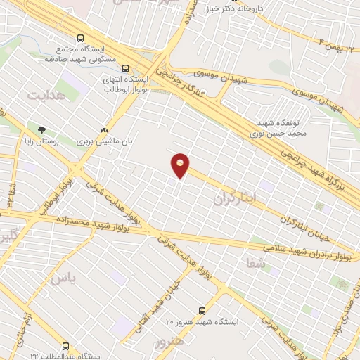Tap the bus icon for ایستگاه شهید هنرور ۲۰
coord(203,309)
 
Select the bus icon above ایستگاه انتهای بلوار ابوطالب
coord(125,69)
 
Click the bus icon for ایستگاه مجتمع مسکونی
coord(81,38)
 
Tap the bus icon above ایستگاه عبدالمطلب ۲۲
coord(65,346)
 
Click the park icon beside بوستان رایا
coord(41,130)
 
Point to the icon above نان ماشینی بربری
coord(105,130)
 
